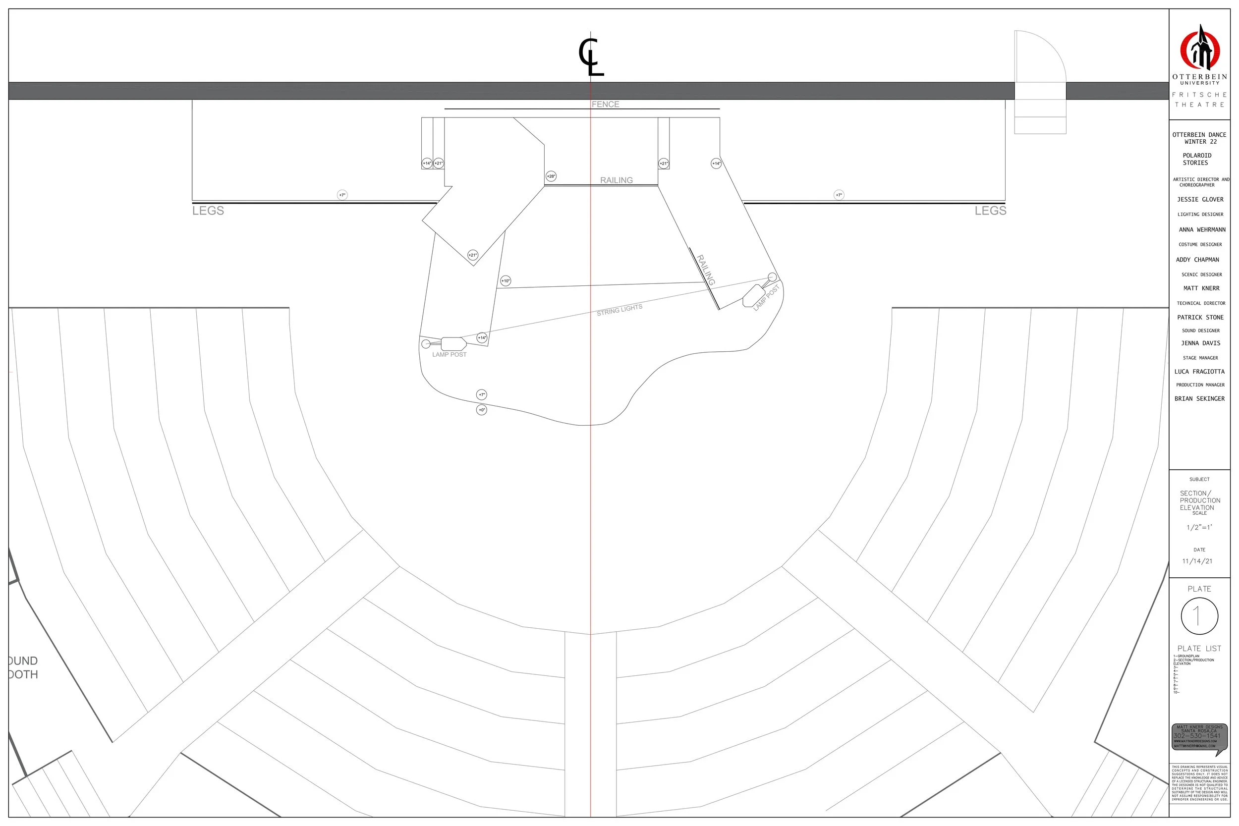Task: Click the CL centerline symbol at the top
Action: coord(591,57)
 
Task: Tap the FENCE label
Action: coord(605,105)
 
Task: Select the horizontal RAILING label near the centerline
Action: coord(617,180)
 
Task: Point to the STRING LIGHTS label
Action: coord(619,310)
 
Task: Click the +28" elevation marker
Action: coord(551,176)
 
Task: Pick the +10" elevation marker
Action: coord(506,281)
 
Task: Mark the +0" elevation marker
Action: coord(482,410)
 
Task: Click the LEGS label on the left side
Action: coord(208,211)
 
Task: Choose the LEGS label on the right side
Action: coord(990,211)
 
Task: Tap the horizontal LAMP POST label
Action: coord(450,354)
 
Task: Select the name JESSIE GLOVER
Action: coord(1200,200)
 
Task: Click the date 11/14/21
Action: coord(1197,561)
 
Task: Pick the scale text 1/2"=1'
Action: coord(1199,527)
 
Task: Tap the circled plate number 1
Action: coord(1199,616)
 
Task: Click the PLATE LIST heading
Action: coord(1199,649)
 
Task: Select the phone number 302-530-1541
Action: coord(1197,736)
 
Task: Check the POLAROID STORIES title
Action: coord(1197,159)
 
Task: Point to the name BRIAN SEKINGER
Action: coord(1199,399)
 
